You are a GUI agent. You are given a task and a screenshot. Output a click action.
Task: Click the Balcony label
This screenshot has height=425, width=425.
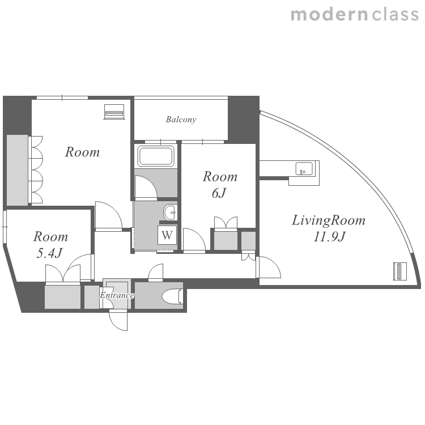click(x=181, y=120)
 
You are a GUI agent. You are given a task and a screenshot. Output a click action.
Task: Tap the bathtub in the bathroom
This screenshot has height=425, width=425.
click(x=156, y=156)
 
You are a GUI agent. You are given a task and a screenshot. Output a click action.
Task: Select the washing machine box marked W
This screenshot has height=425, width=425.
click(x=167, y=235)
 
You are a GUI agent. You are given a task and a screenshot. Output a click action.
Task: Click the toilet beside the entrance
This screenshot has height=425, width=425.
click(x=173, y=297)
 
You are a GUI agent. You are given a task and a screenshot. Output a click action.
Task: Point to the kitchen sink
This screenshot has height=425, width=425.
click(x=304, y=169)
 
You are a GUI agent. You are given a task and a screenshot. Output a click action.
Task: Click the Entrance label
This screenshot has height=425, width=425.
click(x=117, y=295)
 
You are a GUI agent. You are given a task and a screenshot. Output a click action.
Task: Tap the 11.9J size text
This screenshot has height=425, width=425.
click(x=329, y=237)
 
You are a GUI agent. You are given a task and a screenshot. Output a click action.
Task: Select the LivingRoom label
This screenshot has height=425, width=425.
click(x=329, y=220)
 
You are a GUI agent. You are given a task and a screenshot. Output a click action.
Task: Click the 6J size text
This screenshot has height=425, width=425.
click(x=219, y=193)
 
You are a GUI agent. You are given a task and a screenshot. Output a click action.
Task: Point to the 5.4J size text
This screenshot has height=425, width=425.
click(x=50, y=253)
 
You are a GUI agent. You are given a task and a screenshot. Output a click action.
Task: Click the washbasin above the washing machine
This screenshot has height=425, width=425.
click(x=171, y=212)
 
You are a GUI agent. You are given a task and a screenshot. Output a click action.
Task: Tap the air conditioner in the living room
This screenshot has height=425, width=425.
click(x=400, y=271)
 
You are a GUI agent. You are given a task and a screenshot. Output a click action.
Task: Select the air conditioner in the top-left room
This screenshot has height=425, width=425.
click(x=114, y=112)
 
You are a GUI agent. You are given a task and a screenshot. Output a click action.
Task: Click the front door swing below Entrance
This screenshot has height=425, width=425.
click(x=118, y=321)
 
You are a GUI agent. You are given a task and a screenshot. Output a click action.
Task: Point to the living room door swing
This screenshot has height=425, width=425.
click(x=269, y=267)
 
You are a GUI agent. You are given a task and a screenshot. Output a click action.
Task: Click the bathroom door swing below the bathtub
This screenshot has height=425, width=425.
click(x=146, y=187)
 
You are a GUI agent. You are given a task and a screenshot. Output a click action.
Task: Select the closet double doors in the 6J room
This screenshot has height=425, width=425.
click(x=226, y=223)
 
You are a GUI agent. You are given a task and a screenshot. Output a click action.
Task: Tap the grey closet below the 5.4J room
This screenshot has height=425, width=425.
click(x=62, y=297)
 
